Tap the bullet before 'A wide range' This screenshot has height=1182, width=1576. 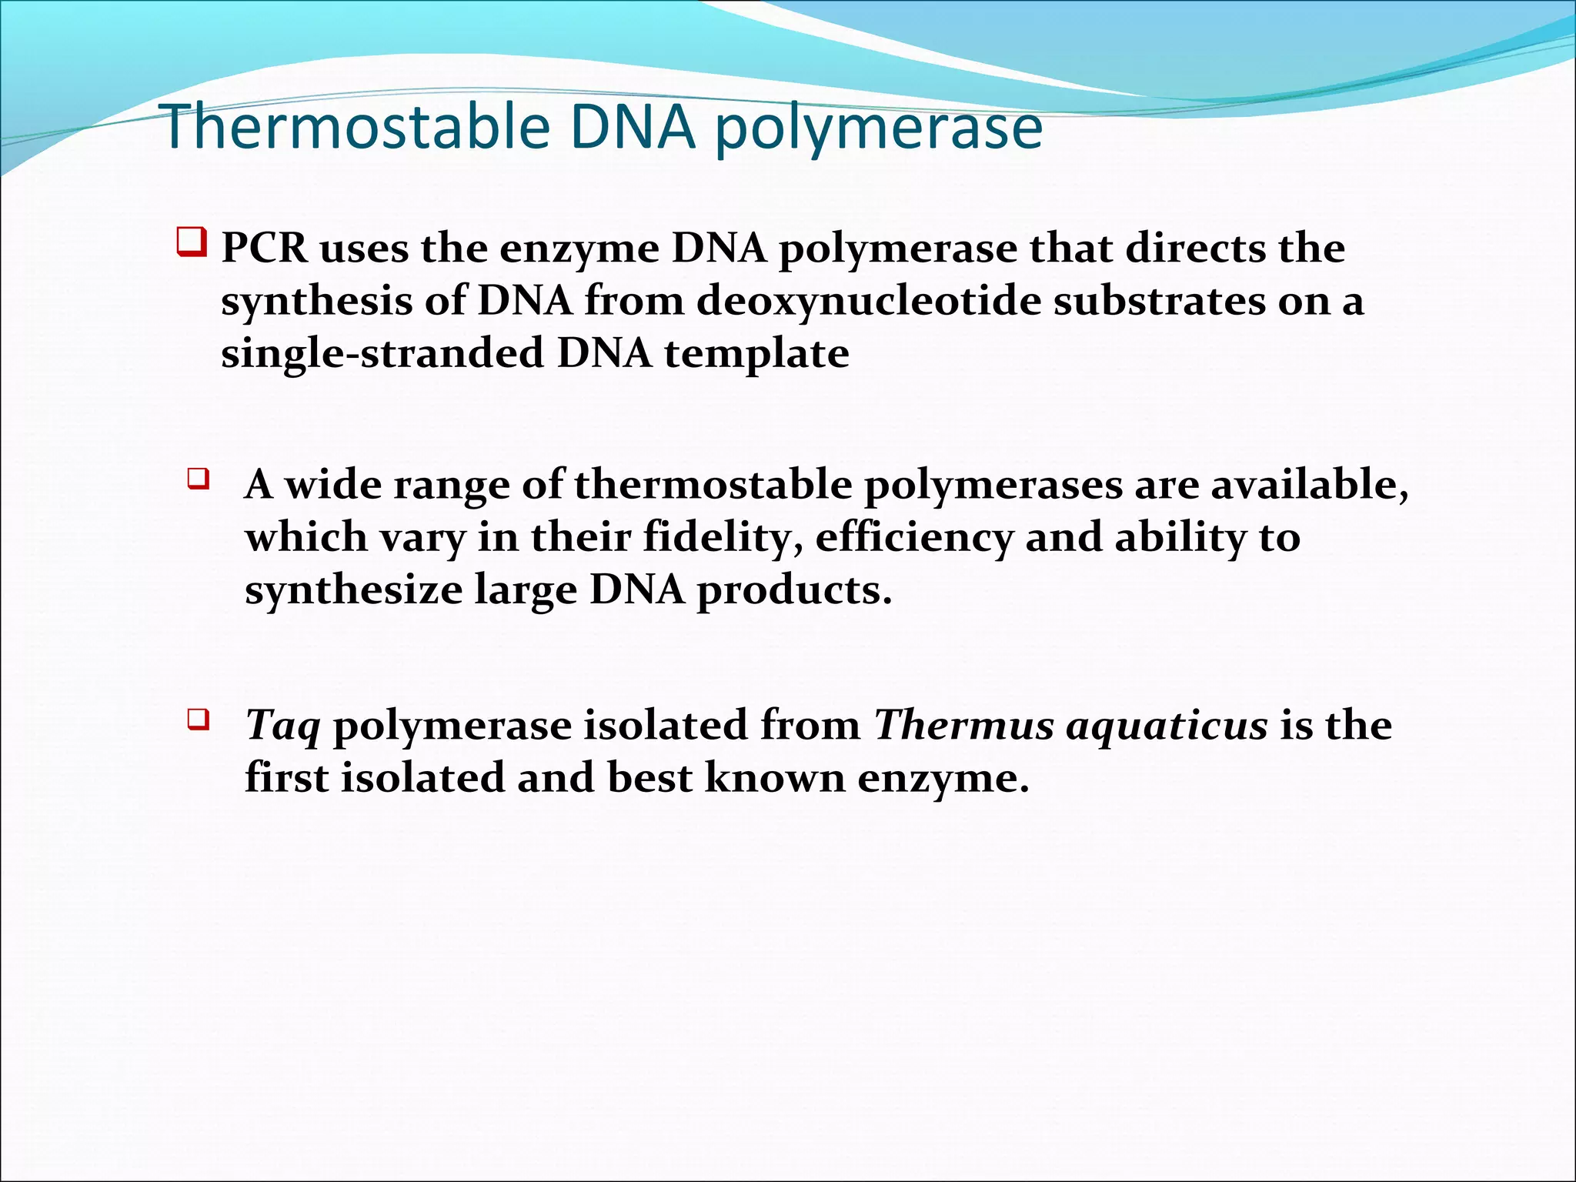point(198,480)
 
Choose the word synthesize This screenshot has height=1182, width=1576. point(353,591)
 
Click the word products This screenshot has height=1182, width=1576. point(793,591)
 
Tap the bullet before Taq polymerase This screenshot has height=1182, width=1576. point(198,721)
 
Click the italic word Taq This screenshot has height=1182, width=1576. point(282,726)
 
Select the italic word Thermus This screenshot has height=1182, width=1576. point(963,724)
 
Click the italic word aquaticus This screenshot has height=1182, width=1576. point(1166,726)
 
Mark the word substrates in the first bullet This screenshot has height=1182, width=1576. point(1159,302)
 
